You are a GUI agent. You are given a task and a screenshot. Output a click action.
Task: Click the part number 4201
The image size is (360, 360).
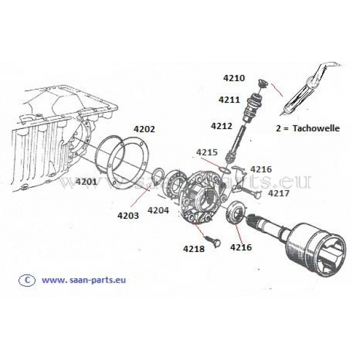(86, 182)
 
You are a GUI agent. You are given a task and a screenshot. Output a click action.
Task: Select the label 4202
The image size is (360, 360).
(144, 129)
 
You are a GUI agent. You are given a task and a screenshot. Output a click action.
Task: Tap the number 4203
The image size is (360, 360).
(128, 215)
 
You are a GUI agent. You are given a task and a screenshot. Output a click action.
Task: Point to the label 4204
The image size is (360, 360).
(158, 210)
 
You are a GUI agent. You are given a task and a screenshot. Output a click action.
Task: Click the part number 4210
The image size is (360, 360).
(234, 78)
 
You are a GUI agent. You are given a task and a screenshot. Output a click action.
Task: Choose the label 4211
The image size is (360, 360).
(229, 100)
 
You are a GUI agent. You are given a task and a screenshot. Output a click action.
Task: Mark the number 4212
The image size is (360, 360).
(221, 126)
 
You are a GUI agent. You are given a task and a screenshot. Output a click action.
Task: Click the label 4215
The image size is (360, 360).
(206, 152)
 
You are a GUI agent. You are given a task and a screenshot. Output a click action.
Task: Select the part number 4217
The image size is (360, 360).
(279, 193)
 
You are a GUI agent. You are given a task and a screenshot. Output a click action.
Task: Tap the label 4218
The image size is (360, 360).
(194, 248)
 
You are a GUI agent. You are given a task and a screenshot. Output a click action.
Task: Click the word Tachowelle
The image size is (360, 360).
(316, 128)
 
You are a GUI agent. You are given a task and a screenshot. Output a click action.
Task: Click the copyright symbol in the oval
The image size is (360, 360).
(27, 280)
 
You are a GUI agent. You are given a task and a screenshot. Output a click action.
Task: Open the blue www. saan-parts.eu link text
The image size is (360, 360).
(84, 280)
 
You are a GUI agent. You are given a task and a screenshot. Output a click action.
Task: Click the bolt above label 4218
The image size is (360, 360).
(213, 241)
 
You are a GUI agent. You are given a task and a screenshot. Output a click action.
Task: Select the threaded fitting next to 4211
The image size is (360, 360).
(251, 107)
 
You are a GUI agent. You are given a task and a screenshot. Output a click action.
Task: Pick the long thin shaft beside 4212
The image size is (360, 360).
(236, 142)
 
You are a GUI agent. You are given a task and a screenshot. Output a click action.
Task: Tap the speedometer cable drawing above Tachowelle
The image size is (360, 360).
(310, 88)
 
